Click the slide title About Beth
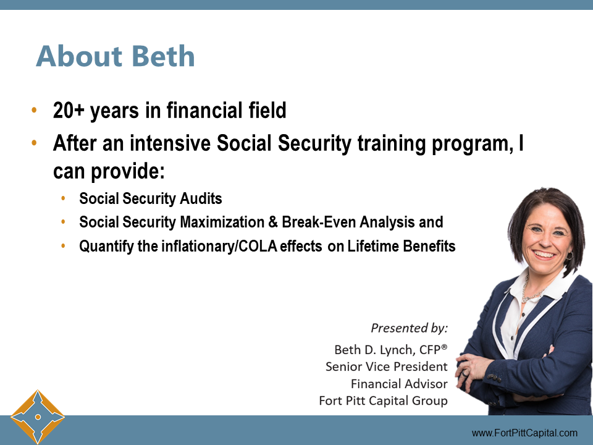pyautogui.click(x=116, y=57)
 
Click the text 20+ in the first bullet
pyautogui.click(x=69, y=111)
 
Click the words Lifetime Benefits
pyautogui.click(x=402, y=246)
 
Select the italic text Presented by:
pyautogui.click(x=409, y=328)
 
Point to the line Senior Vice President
pyautogui.click(x=386, y=367)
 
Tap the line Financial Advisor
pyautogui.click(x=399, y=384)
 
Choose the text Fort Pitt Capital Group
pyautogui.click(x=383, y=401)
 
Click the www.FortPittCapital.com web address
pyautogui.click(x=524, y=433)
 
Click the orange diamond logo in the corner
pyautogui.click(x=38, y=417)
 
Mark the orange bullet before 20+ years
pyautogui.click(x=34, y=112)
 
